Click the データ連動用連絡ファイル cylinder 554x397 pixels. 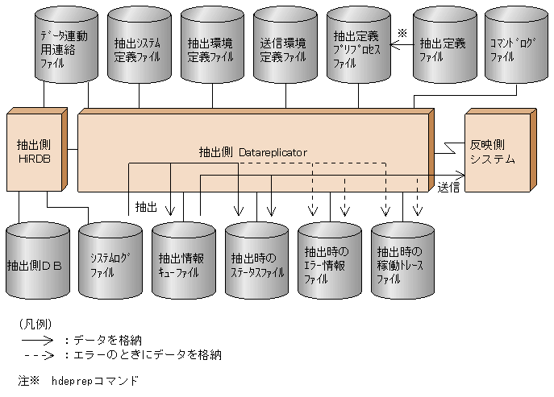pos(65,48)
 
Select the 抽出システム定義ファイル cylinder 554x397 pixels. pos(139,48)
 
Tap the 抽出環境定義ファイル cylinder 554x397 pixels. pos(212,48)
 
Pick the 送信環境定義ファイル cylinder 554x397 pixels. pos(284,48)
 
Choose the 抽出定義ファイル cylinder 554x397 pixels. pos(443,48)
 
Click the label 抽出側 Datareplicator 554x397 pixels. pos(253,151)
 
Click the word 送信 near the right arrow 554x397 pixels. pos(449,188)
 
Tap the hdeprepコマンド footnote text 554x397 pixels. pos(94,380)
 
